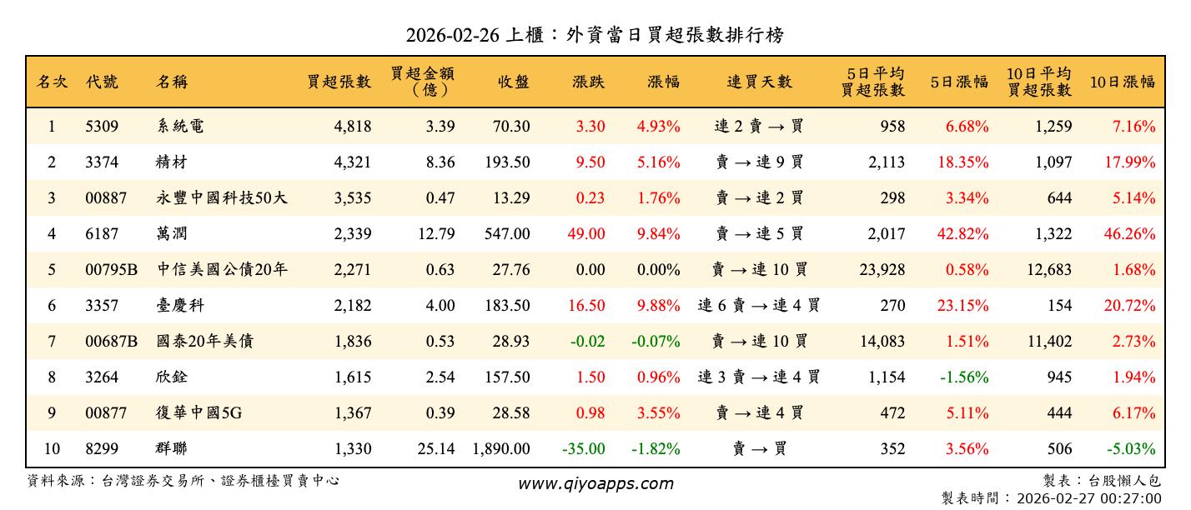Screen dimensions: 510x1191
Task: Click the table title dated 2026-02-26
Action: pos(595,35)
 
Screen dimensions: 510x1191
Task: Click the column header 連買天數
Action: pos(758,82)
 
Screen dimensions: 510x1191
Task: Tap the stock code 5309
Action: pos(102,127)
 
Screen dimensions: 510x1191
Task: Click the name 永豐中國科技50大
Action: pos(221,198)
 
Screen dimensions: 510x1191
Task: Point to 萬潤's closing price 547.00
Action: pos(506,234)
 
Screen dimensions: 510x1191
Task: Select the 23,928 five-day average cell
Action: pos(875,270)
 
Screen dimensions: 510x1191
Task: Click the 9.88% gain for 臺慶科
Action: pos(658,306)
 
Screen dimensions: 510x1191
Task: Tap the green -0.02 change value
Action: pos(588,342)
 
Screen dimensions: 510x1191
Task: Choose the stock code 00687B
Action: pos(111,342)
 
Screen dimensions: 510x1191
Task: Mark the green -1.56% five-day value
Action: pos(964,377)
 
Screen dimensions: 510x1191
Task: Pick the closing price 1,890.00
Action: pos(500,449)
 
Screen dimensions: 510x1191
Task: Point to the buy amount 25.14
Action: pos(436,449)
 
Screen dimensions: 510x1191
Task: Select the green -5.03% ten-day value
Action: pos(1130,449)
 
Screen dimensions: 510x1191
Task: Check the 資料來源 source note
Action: pos(183,481)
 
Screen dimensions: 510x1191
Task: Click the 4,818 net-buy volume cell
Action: pos(352,127)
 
